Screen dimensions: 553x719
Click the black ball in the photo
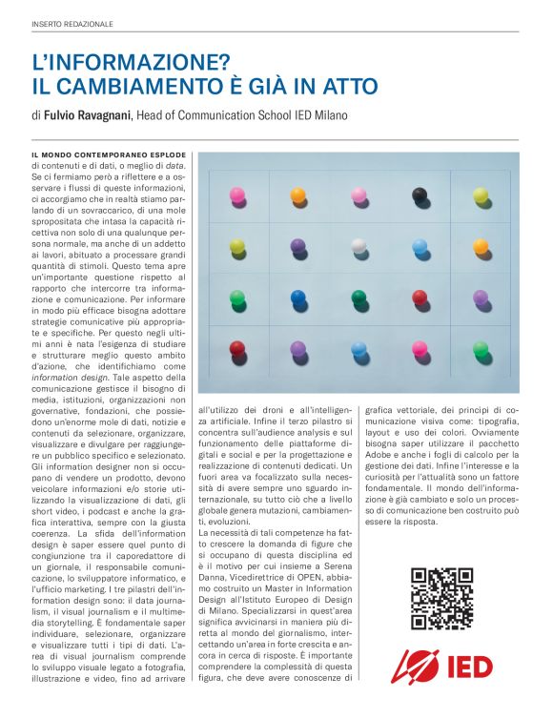point(420,195)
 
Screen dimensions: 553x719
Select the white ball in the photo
point(358,246)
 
